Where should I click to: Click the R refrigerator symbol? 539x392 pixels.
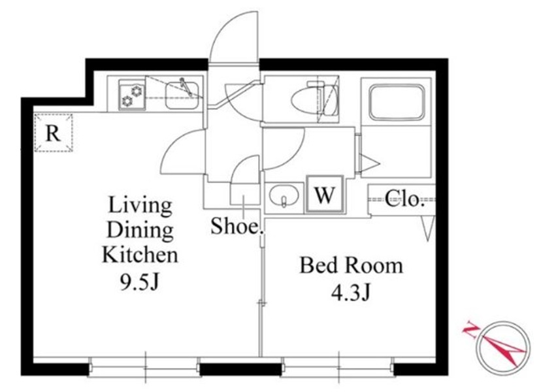click(54, 133)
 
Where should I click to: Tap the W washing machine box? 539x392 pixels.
click(325, 195)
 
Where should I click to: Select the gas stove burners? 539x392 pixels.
click(132, 95)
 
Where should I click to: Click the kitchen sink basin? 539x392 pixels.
click(182, 95)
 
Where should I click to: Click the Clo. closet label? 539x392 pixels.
click(404, 199)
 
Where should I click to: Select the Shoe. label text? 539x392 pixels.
click(237, 227)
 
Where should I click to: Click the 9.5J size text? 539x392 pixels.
click(140, 282)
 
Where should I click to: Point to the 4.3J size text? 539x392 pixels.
click(350, 293)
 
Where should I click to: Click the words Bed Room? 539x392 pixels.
click(351, 265)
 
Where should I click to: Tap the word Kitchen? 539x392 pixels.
click(140, 255)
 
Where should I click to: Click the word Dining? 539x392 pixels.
click(140, 231)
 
